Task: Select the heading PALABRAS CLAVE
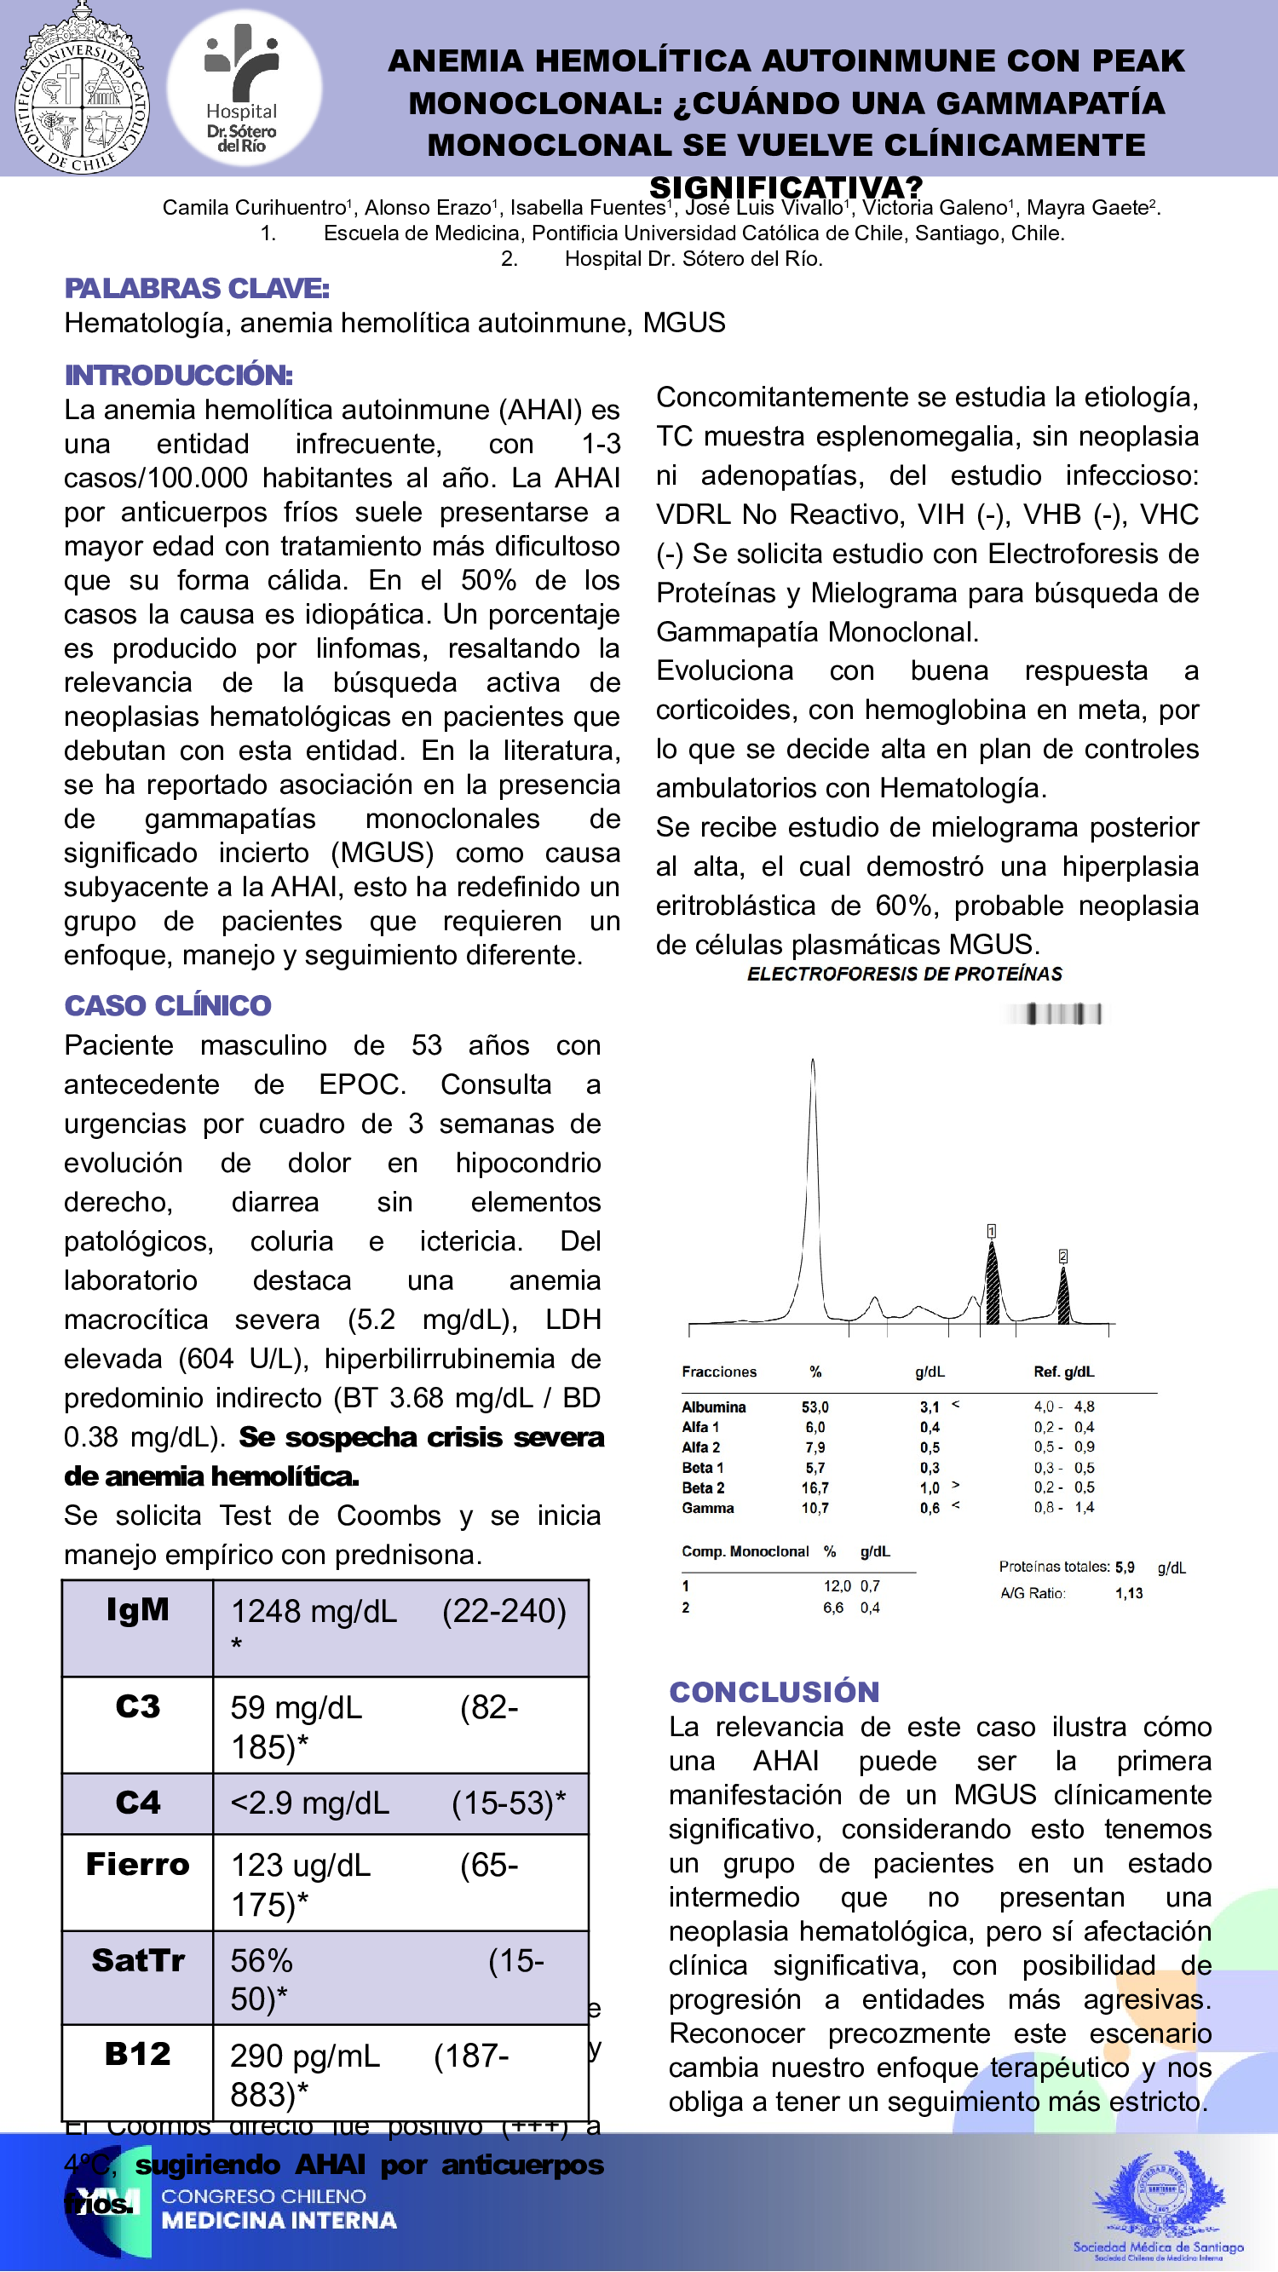click(197, 289)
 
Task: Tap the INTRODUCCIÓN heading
click(178, 375)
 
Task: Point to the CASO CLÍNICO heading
click(168, 1005)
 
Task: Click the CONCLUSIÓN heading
click(774, 1692)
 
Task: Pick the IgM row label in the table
click(137, 1611)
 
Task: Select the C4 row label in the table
click(137, 1803)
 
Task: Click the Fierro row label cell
click(137, 1865)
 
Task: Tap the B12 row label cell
click(137, 2054)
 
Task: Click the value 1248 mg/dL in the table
click(313, 1612)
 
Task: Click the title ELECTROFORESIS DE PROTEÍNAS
click(904, 974)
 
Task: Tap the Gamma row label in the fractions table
click(707, 1508)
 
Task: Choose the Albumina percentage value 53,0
click(815, 1406)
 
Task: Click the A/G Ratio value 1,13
click(1129, 1593)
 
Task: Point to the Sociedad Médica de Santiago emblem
click(1158, 2201)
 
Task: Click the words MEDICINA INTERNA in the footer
click(279, 2220)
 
